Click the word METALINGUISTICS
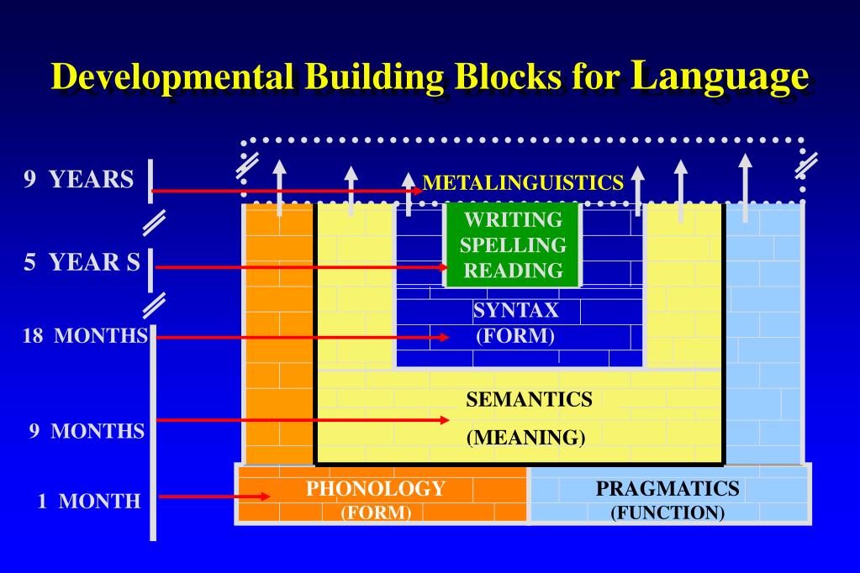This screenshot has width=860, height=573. click(523, 181)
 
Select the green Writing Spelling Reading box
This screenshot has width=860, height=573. click(513, 244)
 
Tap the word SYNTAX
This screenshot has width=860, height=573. click(515, 310)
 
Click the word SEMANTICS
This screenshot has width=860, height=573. click(529, 399)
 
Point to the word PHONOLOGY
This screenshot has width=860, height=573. click(375, 488)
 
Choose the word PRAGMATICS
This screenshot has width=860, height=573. click(667, 488)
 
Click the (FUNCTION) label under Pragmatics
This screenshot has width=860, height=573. click(667, 512)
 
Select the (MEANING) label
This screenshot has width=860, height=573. click(525, 438)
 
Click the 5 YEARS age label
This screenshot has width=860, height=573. click(82, 262)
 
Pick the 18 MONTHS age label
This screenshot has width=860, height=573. click(85, 336)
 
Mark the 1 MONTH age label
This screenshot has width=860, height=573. click(89, 502)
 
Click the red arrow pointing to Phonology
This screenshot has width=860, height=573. click(214, 496)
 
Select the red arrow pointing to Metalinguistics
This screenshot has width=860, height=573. click(286, 191)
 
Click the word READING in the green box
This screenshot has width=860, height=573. click(514, 270)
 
